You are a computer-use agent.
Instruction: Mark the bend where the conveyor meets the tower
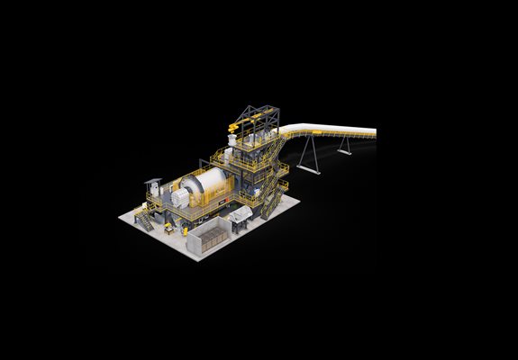(281, 135)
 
